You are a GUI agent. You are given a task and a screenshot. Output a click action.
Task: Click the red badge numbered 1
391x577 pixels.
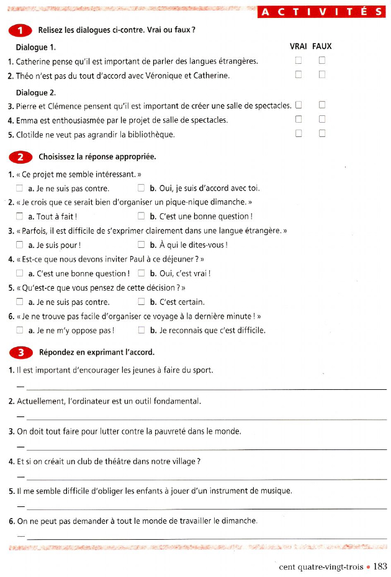click(x=21, y=30)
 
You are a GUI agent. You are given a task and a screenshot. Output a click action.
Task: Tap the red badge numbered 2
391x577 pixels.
click(x=21, y=157)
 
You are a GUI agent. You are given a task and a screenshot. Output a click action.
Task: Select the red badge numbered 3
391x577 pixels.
click(x=21, y=353)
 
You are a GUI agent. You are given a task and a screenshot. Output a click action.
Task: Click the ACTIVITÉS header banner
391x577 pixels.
click(x=321, y=12)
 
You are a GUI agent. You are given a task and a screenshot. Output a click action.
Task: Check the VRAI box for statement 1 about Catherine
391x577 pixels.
click(x=299, y=61)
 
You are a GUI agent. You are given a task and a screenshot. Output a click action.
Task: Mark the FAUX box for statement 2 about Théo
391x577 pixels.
click(x=322, y=75)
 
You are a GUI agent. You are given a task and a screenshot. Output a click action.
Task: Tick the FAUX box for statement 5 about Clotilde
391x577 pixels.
click(x=322, y=133)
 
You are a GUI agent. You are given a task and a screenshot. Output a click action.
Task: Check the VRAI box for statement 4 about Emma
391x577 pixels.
click(x=299, y=119)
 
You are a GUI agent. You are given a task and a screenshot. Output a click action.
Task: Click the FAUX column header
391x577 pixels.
click(x=321, y=46)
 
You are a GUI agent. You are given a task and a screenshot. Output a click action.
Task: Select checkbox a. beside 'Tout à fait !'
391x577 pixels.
click(x=20, y=216)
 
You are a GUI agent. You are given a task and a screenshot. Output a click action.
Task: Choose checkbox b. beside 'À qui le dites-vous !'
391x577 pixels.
click(x=142, y=244)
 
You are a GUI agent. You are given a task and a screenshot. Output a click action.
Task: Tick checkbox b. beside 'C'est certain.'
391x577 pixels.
click(x=142, y=302)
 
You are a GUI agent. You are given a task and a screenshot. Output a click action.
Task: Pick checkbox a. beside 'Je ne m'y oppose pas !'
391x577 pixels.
click(x=20, y=330)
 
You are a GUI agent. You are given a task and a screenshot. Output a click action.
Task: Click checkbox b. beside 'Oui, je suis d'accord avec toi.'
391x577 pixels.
click(x=142, y=188)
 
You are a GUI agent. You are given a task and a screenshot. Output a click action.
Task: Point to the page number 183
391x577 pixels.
click(x=380, y=566)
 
